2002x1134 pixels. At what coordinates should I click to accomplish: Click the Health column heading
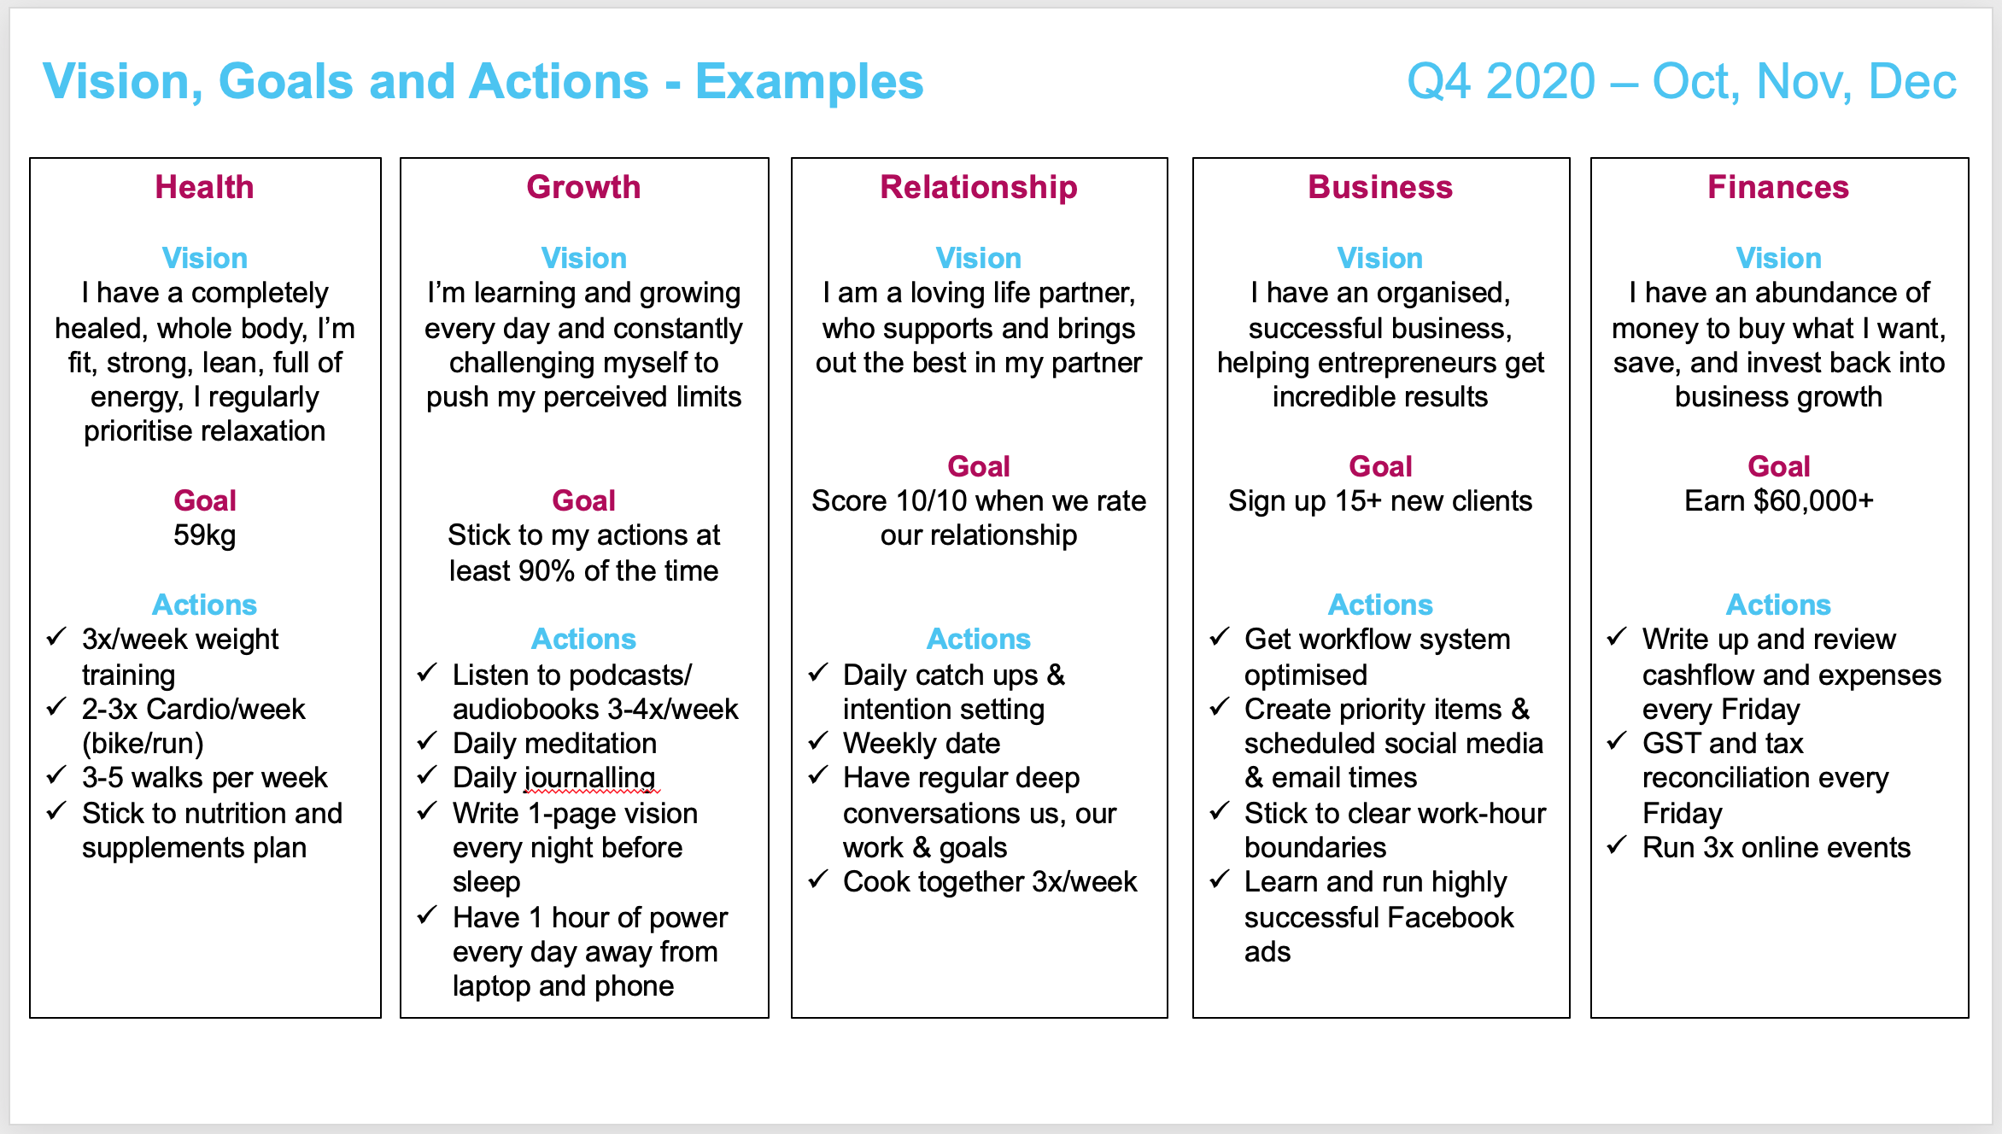click(x=204, y=187)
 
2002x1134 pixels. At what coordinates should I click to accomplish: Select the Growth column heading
click(x=583, y=187)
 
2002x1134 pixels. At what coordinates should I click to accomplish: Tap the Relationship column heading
click(x=979, y=187)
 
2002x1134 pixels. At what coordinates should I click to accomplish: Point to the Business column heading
click(x=1380, y=187)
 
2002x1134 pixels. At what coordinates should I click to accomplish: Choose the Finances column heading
click(x=1778, y=187)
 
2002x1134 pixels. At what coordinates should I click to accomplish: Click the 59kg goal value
click(x=204, y=536)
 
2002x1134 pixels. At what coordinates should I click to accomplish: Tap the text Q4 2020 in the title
click(x=1501, y=82)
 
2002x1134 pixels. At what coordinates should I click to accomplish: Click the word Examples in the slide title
click(x=809, y=83)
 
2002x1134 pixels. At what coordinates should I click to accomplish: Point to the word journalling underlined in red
click(x=589, y=779)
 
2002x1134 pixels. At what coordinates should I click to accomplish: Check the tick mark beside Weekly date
click(x=818, y=741)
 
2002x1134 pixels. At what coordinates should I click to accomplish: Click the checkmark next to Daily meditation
click(x=428, y=741)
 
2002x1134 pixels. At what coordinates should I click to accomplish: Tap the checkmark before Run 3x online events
click(x=1617, y=845)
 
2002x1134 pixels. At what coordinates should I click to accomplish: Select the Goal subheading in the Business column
click(x=1380, y=466)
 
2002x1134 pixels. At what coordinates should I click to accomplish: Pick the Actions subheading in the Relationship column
click(x=979, y=639)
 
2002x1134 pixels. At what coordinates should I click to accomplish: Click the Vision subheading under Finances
click(x=1778, y=258)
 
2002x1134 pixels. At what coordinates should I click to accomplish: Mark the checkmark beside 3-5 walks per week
click(x=56, y=775)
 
